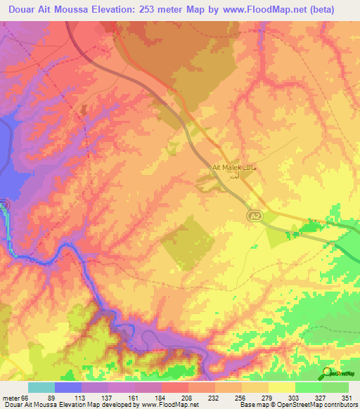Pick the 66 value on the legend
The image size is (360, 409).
(25, 398)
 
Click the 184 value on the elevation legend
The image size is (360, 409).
(151, 398)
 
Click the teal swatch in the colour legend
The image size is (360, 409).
(41, 387)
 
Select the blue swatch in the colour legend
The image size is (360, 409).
(68, 387)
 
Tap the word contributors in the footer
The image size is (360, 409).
(335, 405)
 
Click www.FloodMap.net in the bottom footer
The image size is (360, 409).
(169, 405)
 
